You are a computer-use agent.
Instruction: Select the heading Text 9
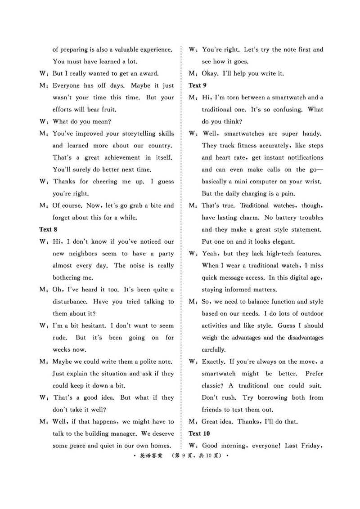point(197,85)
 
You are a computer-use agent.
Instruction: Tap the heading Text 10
point(199,433)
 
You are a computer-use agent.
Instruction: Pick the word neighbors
point(76,254)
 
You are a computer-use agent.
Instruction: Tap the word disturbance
point(74,302)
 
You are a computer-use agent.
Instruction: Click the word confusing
point(287,109)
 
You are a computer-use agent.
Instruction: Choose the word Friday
point(311,446)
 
